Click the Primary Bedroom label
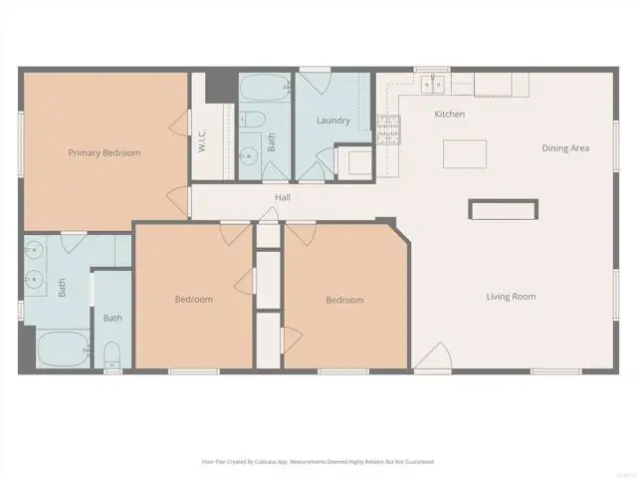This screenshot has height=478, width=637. (x=104, y=153)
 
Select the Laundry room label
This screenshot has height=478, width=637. (x=332, y=121)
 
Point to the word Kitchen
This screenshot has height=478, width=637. (x=450, y=115)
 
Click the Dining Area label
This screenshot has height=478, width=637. (x=565, y=148)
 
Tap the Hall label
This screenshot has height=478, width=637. (x=283, y=198)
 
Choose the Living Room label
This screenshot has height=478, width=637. (x=511, y=297)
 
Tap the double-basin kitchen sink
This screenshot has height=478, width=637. (x=434, y=83)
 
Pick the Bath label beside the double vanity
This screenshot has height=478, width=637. (x=62, y=289)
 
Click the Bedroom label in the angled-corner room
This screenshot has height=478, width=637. (x=344, y=300)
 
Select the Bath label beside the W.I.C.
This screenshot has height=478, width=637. (x=271, y=141)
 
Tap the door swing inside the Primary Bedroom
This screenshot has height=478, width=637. (x=179, y=125)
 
